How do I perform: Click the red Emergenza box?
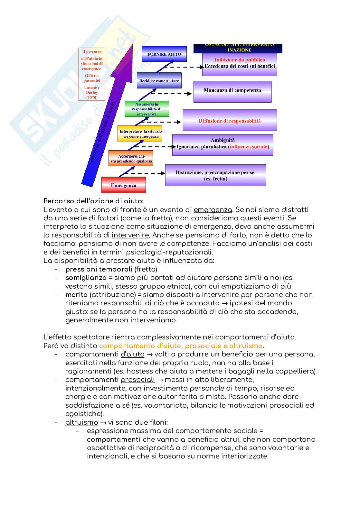[124, 185]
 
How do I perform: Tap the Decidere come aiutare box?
[159, 80]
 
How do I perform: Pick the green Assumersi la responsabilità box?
[147, 109]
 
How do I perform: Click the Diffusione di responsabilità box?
[230, 121]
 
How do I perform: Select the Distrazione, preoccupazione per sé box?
[215, 175]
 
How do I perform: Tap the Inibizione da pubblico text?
[240, 60]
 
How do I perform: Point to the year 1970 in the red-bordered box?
[91, 97]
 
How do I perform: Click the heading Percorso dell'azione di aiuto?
[94, 201]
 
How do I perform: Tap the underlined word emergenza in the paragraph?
[213, 210]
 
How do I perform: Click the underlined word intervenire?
[130, 235]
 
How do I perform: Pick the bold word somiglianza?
[86, 277]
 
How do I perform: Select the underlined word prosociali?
[138, 380]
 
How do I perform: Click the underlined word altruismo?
[81, 422]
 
